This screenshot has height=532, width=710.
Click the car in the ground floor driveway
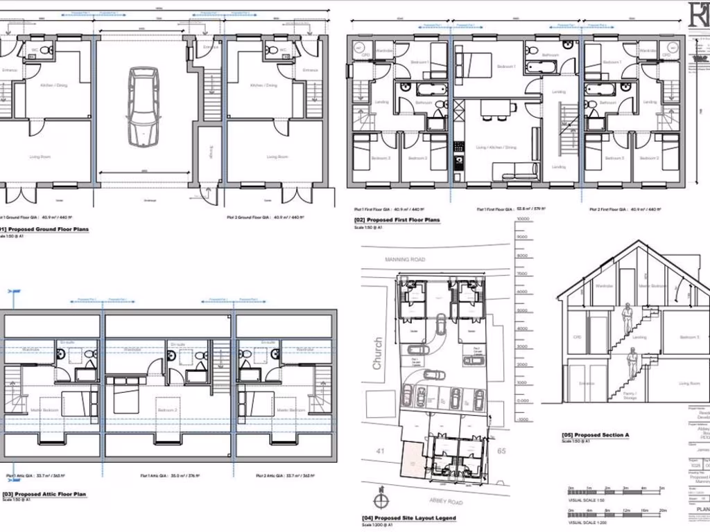pos(144,106)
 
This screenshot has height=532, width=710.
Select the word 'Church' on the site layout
pos(378,354)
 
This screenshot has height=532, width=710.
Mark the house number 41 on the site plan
pos(380,451)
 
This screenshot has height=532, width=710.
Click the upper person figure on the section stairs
pos(627,317)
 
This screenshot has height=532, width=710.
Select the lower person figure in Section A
pos(632,363)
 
